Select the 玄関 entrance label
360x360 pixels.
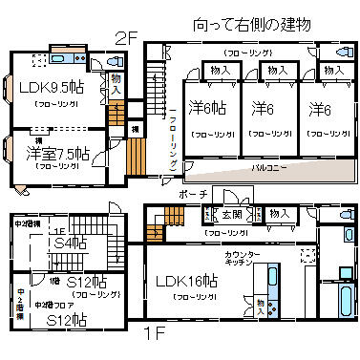point(232,214)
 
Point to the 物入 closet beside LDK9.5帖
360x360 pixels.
point(116,83)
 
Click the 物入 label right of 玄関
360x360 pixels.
point(280,214)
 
